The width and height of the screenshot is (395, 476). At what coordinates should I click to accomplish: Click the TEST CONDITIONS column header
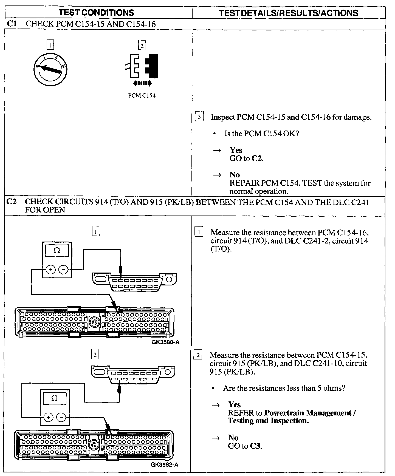[97, 13]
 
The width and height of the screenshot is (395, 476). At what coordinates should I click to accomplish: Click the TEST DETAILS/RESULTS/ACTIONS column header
[289, 13]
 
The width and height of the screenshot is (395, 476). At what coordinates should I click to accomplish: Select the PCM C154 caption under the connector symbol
[142, 96]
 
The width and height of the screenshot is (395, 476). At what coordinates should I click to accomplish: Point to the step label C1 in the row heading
[12, 24]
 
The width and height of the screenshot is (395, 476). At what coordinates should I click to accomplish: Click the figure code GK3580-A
[165, 342]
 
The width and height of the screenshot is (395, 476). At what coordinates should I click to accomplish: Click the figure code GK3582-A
[165, 465]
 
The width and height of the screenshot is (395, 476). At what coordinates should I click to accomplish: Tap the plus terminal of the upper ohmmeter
[50, 270]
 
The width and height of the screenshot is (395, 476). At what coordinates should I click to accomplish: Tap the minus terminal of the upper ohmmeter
[63, 270]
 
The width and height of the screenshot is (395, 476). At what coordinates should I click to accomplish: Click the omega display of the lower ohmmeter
[55, 398]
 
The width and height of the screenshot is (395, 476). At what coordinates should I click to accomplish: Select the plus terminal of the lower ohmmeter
[48, 418]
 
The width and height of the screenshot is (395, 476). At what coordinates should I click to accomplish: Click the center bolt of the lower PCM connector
[94, 443]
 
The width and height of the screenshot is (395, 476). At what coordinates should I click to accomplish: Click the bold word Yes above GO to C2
[236, 150]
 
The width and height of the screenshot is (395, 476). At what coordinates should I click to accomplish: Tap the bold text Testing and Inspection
[268, 421]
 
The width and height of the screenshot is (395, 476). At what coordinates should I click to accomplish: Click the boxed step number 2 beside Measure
[198, 355]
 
